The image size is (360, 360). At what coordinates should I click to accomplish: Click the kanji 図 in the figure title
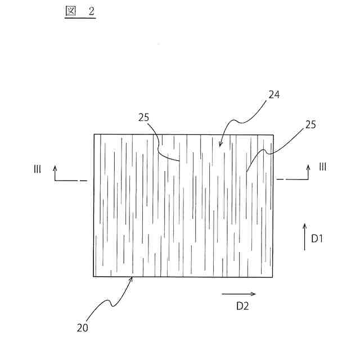[70, 12]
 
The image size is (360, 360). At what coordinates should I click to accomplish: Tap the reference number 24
[274, 95]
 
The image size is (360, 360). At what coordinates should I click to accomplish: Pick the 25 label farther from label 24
[144, 117]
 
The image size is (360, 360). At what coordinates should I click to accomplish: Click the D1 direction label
[317, 238]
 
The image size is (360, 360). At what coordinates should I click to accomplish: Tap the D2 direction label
[242, 306]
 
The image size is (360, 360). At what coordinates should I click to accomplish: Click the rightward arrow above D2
[238, 294]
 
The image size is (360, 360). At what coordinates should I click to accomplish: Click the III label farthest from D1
[37, 168]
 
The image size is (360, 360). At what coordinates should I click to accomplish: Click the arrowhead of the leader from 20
[133, 278]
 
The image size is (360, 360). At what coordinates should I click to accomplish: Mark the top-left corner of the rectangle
[94, 134]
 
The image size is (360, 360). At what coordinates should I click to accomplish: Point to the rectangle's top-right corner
[274, 134]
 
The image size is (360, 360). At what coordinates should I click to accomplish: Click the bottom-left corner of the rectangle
[94, 276]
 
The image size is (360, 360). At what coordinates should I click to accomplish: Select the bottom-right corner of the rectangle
[274, 276]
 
